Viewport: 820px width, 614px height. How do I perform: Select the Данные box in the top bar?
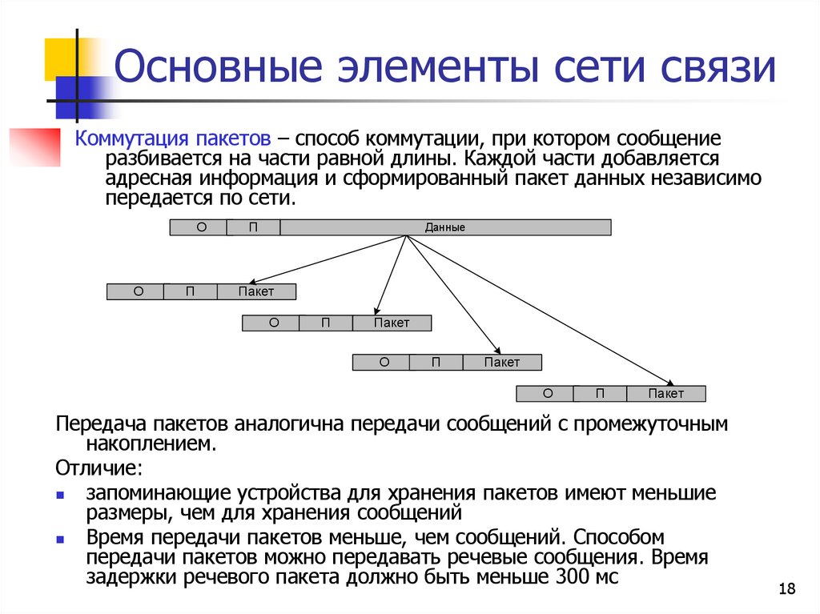pos(445,227)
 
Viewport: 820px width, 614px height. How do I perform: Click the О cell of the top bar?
pos(201,227)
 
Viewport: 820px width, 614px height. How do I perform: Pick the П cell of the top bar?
pos(253,227)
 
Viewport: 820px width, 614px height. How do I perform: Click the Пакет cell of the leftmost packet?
pos(255,291)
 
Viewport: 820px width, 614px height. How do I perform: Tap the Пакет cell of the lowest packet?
pos(665,394)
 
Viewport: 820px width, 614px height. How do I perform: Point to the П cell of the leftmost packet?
pos(190,291)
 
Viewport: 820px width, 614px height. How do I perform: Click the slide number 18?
pos(786,590)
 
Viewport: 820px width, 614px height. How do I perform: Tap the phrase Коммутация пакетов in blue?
pos(172,138)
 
